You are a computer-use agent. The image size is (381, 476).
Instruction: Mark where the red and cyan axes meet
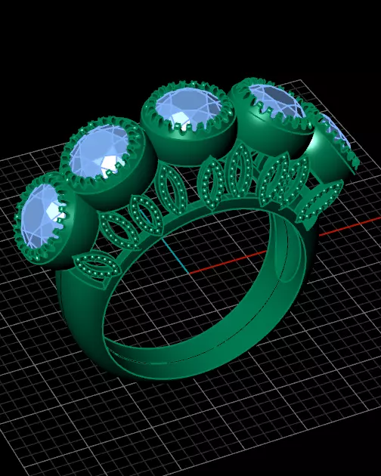[x=182, y=274]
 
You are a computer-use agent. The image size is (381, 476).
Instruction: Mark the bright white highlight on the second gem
[x=113, y=165]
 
